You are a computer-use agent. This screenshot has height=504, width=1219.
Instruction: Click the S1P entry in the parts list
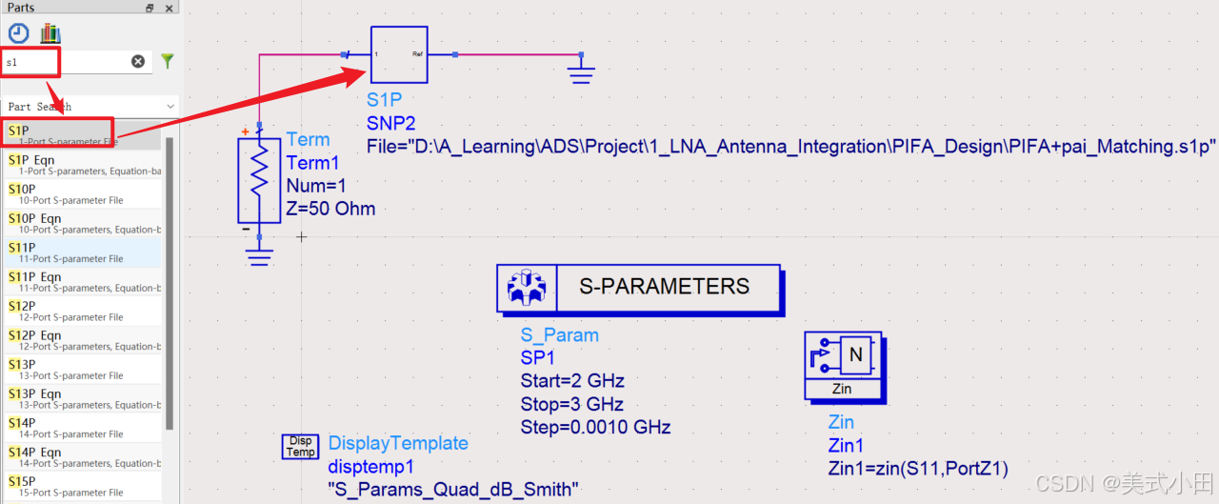[x=57, y=134]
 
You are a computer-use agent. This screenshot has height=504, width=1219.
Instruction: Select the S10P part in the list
[x=57, y=193]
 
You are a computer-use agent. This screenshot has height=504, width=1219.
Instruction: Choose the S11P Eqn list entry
[x=57, y=281]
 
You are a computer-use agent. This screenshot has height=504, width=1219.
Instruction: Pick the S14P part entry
[x=57, y=427]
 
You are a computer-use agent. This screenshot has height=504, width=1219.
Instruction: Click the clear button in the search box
[x=138, y=61]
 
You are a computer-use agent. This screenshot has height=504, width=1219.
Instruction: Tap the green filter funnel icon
[x=168, y=61]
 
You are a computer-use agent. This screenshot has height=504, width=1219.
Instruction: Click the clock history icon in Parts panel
[x=19, y=33]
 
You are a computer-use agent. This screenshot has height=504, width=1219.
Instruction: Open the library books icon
[x=50, y=33]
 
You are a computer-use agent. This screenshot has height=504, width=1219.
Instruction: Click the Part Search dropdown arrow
[x=170, y=107]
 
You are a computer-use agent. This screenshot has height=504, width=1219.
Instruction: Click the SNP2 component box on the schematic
[x=399, y=54]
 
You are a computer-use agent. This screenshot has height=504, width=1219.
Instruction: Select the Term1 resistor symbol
[x=257, y=180]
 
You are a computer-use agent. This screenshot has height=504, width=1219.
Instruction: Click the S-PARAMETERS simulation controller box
[x=638, y=287]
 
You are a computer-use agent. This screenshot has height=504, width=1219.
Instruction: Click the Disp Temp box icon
[x=300, y=446]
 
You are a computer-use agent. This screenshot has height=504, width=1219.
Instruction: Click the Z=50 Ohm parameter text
[x=330, y=209]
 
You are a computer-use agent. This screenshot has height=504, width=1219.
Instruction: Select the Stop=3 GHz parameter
[x=570, y=405]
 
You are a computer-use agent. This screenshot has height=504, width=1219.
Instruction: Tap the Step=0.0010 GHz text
[x=595, y=428]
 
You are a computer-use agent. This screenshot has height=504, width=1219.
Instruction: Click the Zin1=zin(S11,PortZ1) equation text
[x=918, y=468]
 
